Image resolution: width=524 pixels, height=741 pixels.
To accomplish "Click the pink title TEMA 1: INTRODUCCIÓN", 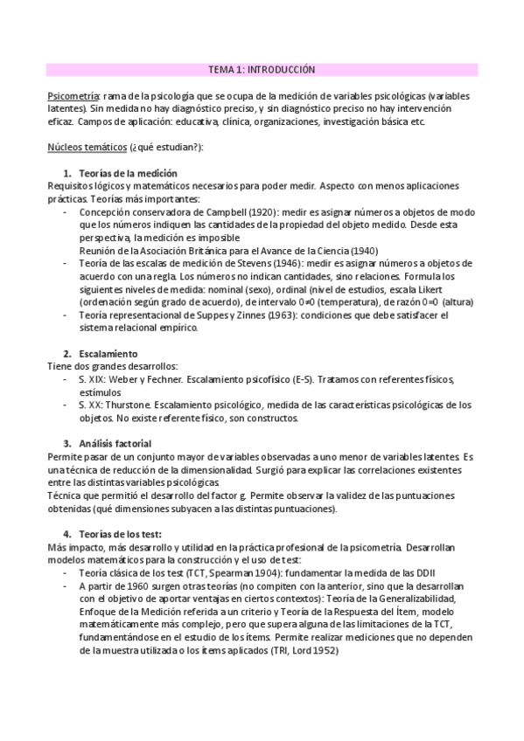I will pyautogui.click(x=262, y=69).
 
